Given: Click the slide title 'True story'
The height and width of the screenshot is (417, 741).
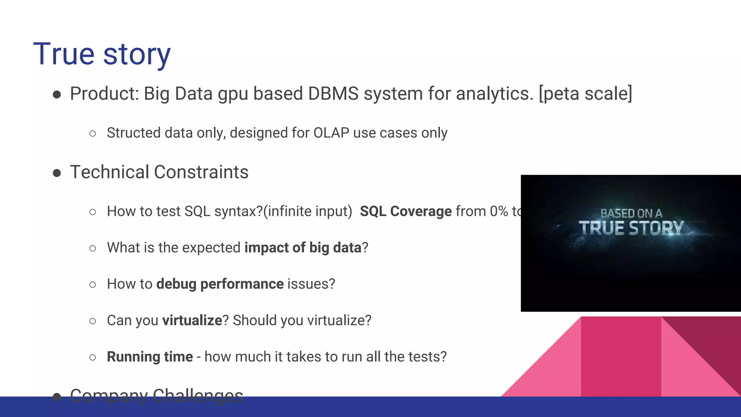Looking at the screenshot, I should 102,54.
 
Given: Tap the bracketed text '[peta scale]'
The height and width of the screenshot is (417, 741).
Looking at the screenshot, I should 585,94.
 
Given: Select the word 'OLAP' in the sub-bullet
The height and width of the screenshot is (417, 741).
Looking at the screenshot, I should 331,133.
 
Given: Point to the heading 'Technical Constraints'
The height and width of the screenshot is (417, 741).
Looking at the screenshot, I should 159,172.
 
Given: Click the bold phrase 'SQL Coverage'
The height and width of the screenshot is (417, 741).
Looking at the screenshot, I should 406,211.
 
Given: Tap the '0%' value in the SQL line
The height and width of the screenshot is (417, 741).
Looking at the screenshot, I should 499,211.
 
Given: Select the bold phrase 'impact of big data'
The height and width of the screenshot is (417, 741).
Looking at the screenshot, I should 303,248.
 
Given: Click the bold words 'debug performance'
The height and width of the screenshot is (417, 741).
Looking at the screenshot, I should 220,284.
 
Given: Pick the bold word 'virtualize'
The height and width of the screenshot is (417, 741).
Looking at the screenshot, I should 192,321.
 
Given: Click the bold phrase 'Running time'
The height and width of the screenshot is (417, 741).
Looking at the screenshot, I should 149,357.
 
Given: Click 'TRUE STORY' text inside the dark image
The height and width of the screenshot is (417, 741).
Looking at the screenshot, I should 631,228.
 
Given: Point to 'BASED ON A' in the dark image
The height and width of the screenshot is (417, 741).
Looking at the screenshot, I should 631,213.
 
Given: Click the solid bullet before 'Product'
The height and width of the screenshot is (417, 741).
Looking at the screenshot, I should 57,95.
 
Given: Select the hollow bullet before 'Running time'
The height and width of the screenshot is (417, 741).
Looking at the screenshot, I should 93,358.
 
